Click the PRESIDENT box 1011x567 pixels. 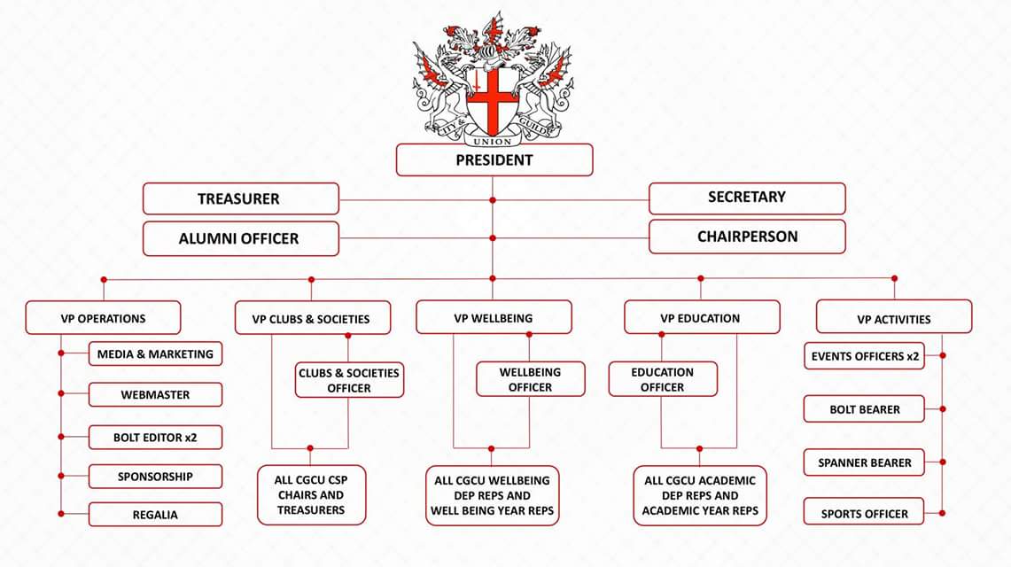[494, 159]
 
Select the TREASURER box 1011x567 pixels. [240, 198]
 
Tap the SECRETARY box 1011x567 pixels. [747, 198]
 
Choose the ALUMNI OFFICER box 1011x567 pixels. [240, 238]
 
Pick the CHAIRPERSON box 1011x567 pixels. [747, 237]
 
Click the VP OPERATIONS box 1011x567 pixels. [103, 318]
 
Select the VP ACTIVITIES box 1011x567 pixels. [894, 317]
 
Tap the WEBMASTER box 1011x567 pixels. [155, 394]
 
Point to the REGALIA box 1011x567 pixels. [155, 514]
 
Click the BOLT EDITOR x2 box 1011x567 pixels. [155, 437]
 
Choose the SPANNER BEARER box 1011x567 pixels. [864, 462]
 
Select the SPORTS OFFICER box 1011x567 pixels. [864, 512]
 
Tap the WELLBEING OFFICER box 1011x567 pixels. [531, 379]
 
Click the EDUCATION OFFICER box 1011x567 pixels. [663, 379]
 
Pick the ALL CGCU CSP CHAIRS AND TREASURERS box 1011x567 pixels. [311, 495]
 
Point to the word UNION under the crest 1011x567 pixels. [493, 141]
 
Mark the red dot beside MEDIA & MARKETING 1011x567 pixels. [61, 353]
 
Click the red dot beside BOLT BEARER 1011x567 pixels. [943, 409]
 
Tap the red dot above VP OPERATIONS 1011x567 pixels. [104, 280]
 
